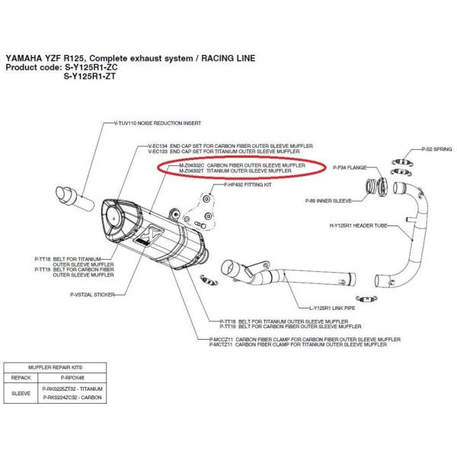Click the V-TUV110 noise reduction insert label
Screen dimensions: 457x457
pos(160,123)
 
